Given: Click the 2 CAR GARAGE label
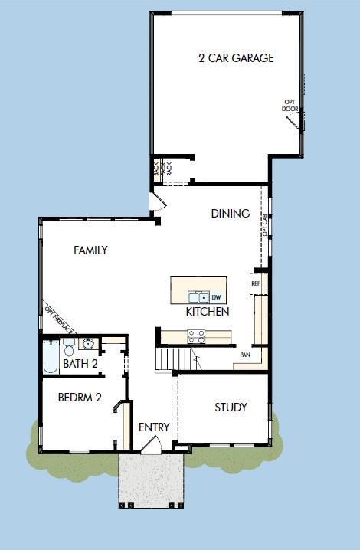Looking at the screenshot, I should (x=235, y=58).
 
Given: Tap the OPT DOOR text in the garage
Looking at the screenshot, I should (x=290, y=105).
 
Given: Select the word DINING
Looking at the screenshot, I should (x=230, y=214).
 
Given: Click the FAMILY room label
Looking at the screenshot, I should (x=90, y=250).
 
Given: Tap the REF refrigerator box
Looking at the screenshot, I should (x=256, y=283).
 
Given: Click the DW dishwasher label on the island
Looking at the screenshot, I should (x=216, y=296).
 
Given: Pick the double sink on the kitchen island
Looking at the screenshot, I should (x=198, y=296).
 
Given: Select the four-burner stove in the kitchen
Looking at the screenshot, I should (x=196, y=334).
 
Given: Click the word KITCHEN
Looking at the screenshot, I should (x=207, y=312).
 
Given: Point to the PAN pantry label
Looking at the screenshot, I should (x=245, y=355).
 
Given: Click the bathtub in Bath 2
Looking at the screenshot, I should (x=51, y=357).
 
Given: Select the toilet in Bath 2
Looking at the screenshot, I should (x=69, y=345).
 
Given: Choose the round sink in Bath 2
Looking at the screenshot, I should (x=87, y=343).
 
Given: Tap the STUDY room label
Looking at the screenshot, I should (x=231, y=408).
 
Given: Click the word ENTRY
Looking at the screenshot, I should (x=154, y=427).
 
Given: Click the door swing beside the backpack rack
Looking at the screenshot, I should (x=156, y=201).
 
